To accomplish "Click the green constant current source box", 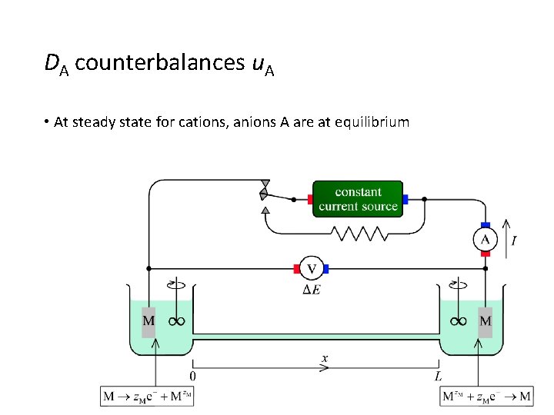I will click(358, 199).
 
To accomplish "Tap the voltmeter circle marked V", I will click(311, 269).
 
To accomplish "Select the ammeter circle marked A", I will click(486, 239).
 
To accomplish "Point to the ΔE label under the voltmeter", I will click(311, 290).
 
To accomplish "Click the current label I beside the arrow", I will click(514, 241).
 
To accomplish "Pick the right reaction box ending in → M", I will click(486, 397).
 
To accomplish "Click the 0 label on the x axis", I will click(192, 376).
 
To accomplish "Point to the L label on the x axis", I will click(438, 376).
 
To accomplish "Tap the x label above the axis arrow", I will click(325, 358).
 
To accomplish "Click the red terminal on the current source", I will click(310, 198).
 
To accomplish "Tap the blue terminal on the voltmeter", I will click(326, 269).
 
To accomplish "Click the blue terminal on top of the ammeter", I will click(486, 225).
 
